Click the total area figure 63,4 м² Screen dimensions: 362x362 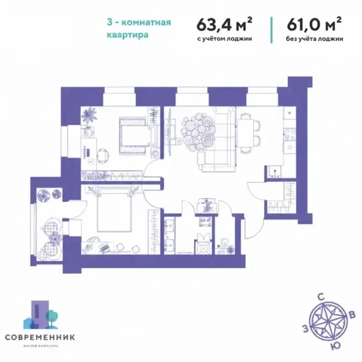click(x=224, y=24)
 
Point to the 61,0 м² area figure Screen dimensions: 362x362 click(x=314, y=24)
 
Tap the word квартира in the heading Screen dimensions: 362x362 click(x=127, y=35)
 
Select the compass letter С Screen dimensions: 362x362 click(x=321, y=297)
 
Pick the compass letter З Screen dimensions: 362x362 click(x=306, y=329)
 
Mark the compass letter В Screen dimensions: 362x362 click(x=352, y=315)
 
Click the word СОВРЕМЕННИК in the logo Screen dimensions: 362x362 click(x=40, y=337)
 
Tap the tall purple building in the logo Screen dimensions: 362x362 click(x=40, y=314)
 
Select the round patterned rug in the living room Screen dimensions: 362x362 click(x=198, y=132)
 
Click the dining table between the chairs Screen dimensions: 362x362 click(x=245, y=133)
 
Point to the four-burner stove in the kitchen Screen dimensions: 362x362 click(x=290, y=134)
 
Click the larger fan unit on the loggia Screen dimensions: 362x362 click(x=44, y=195)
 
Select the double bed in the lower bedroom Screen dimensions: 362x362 click(x=114, y=210)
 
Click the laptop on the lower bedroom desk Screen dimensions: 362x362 click(x=104, y=247)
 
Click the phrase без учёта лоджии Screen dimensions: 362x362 click(x=315, y=39)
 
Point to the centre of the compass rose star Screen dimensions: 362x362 click(x=328, y=321)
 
